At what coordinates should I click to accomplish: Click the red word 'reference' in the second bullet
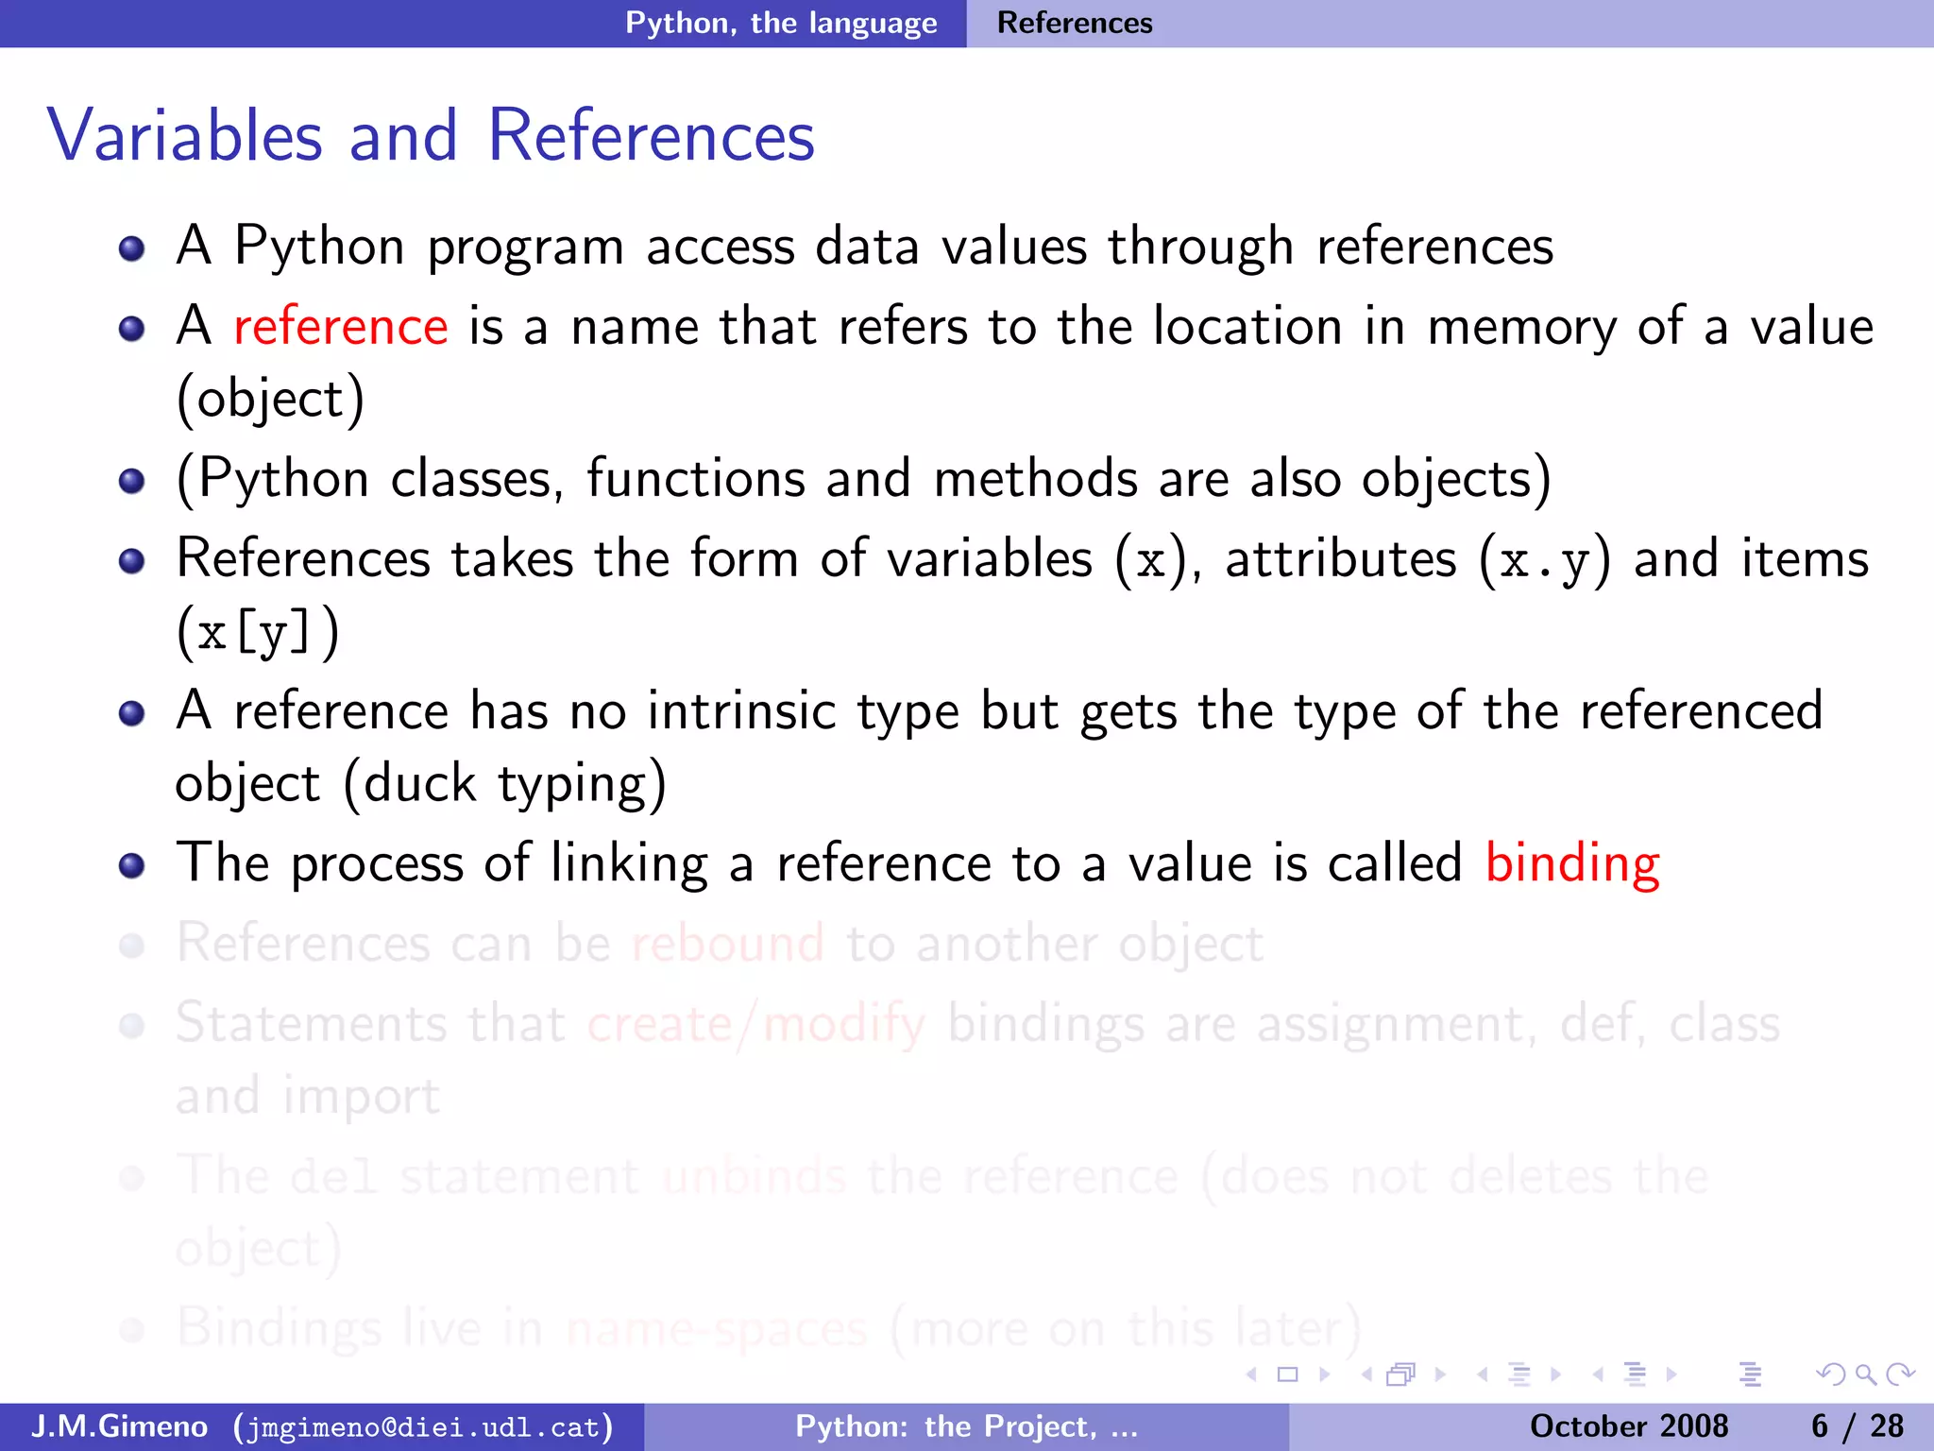(340, 327)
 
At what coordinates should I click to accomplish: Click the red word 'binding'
(1571, 863)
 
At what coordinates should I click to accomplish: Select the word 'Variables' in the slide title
(185, 136)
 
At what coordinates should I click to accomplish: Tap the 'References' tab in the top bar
(1075, 23)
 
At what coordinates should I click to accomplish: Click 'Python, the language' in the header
(781, 23)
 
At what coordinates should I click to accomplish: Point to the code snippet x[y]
(255, 633)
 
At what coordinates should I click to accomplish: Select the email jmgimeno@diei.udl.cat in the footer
(423, 1426)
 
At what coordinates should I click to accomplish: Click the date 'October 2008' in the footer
(1628, 1426)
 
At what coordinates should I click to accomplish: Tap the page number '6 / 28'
(1857, 1426)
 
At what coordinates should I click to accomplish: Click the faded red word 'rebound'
(727, 944)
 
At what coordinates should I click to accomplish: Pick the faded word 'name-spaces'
(716, 1329)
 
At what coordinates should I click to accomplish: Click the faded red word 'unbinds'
(754, 1177)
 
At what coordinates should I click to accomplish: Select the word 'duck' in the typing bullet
(420, 784)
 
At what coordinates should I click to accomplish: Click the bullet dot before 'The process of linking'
(132, 865)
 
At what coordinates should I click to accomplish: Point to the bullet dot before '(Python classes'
(132, 481)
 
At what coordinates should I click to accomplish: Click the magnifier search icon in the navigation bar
(1865, 1374)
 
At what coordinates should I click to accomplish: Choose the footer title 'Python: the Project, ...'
(966, 1426)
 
